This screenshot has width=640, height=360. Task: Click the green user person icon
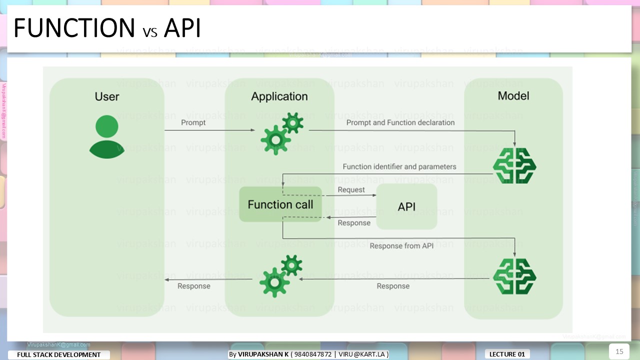point(106,136)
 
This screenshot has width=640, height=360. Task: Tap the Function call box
point(280,204)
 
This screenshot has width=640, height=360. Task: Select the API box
point(406,206)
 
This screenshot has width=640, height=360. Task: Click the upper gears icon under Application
point(282,133)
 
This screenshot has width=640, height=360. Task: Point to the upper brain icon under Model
point(514,165)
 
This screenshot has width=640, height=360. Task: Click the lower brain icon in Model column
point(514,276)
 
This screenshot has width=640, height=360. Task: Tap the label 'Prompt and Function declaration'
point(400,122)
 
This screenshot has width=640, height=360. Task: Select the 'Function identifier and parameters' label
point(399,166)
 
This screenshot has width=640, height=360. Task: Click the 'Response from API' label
point(401,246)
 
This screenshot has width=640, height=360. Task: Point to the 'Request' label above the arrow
point(351,190)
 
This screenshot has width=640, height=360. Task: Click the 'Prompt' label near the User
point(193,122)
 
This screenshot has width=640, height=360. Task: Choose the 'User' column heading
point(107,96)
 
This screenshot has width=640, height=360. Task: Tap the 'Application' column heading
point(279,96)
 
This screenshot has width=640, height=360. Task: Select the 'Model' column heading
point(513,95)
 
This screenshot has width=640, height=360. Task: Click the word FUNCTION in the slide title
point(74,28)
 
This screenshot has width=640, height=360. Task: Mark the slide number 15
point(619,351)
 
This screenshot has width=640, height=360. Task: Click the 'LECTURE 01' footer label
point(507,354)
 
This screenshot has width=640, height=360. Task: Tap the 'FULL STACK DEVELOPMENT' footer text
point(59,355)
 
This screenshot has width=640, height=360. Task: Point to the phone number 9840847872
point(313,354)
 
